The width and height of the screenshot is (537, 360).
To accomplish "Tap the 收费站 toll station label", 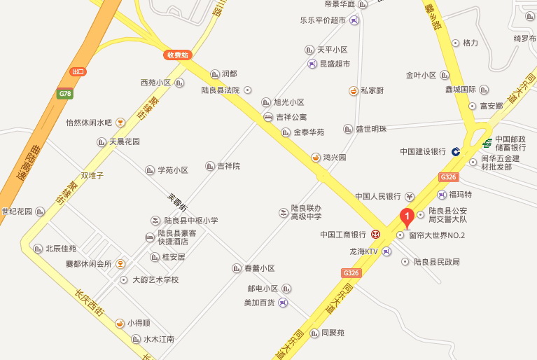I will [x=179, y=55].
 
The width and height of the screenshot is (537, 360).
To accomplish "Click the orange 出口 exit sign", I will [x=78, y=71].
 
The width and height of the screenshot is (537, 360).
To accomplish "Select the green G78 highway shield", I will [x=65, y=93].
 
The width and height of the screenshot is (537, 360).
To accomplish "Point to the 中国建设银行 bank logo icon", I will [x=455, y=151].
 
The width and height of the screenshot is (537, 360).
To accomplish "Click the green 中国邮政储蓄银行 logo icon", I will [x=487, y=143].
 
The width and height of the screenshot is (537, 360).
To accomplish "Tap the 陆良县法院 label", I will [x=221, y=90].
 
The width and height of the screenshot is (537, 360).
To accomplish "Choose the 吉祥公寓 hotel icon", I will [x=268, y=117].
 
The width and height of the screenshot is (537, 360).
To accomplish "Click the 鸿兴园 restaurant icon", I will [x=316, y=158].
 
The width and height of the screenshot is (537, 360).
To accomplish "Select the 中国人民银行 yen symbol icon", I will [x=410, y=196].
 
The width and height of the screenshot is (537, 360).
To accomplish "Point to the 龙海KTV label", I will [x=363, y=251].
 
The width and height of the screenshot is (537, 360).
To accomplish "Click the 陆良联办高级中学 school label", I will [x=306, y=212].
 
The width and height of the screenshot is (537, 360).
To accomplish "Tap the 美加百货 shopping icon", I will [x=282, y=303].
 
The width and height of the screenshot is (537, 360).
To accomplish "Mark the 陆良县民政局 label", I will [x=436, y=262].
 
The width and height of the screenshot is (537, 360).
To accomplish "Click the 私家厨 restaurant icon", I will [x=354, y=90].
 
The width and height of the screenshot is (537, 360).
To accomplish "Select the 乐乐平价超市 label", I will [x=322, y=20].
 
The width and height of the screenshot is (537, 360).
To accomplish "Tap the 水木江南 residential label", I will [x=159, y=340].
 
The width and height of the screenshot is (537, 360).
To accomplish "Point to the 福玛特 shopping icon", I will [x=442, y=195].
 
